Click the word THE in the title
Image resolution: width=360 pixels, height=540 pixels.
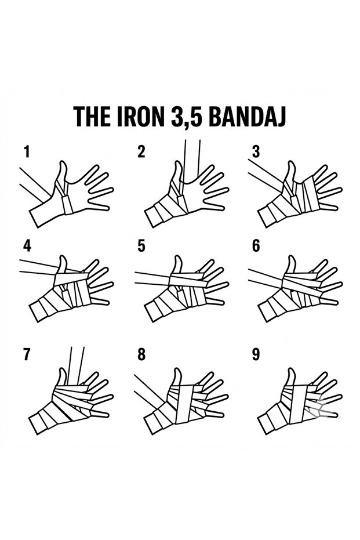[91, 117]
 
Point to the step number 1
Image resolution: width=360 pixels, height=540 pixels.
[26, 152]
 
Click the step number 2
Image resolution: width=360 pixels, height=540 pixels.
[141, 152]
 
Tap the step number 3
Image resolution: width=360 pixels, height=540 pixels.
[256, 152]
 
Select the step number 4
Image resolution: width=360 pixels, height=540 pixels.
[26, 245]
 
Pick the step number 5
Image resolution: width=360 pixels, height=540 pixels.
[141, 245]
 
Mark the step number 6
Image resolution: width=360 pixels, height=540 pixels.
[256, 245]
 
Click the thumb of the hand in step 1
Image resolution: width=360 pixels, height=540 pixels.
[63, 172]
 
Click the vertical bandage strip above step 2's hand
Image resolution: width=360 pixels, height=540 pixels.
[191, 160]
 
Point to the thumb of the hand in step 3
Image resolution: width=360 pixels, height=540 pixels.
[292, 171]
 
